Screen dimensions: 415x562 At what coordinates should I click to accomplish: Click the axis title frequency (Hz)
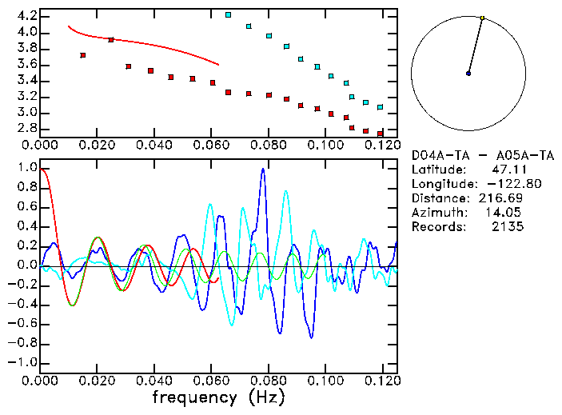click(x=217, y=397)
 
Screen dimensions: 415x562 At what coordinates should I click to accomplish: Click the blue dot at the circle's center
click(x=468, y=74)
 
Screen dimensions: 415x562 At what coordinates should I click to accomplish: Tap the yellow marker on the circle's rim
click(x=483, y=18)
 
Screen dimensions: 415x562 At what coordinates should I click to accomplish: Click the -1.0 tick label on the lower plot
click(x=22, y=363)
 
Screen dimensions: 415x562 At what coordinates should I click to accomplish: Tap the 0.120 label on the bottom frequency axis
click(x=382, y=380)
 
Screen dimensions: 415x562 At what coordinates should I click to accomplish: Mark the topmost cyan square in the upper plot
click(x=229, y=14)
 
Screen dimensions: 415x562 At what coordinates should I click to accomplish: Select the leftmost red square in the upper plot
click(x=83, y=55)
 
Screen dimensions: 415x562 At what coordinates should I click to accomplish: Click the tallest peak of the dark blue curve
click(x=262, y=170)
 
